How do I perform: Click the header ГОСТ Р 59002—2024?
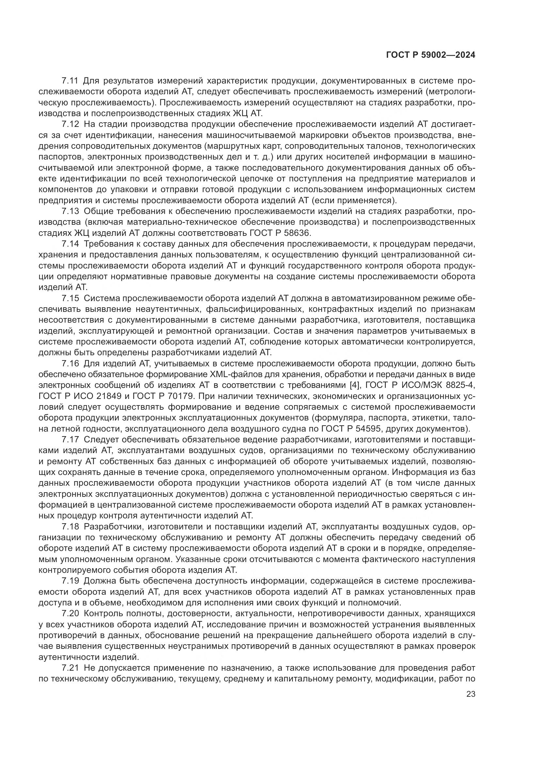click(x=431, y=55)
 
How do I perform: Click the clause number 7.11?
click(x=70, y=81)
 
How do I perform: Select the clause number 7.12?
click(x=70, y=124)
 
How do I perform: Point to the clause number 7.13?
click(x=70, y=211)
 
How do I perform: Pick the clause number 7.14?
click(x=70, y=244)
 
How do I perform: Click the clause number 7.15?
click(x=70, y=298)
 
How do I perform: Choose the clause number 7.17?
click(x=70, y=440)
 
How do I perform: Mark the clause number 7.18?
click(x=70, y=527)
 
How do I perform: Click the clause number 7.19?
click(x=70, y=581)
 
